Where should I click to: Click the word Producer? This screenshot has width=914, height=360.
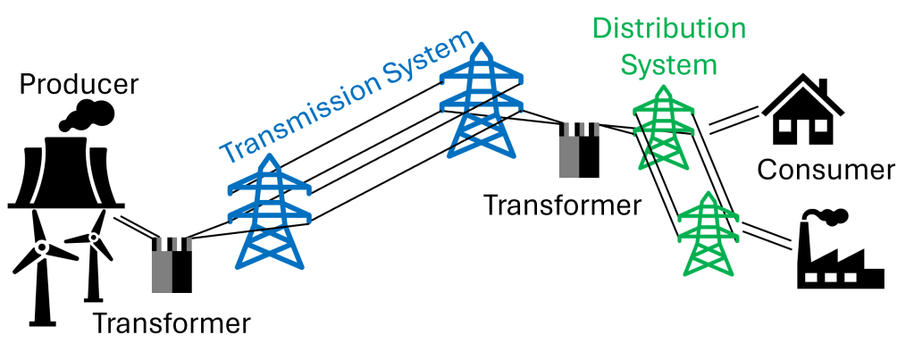pos(80,86)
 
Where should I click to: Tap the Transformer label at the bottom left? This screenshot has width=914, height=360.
pos(171,322)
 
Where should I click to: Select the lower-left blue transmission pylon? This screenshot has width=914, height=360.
pos(268,214)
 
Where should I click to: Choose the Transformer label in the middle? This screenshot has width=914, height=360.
pos(562,205)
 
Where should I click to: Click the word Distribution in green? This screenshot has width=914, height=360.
pos(669,28)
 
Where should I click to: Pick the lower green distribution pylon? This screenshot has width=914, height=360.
pos(705,234)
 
